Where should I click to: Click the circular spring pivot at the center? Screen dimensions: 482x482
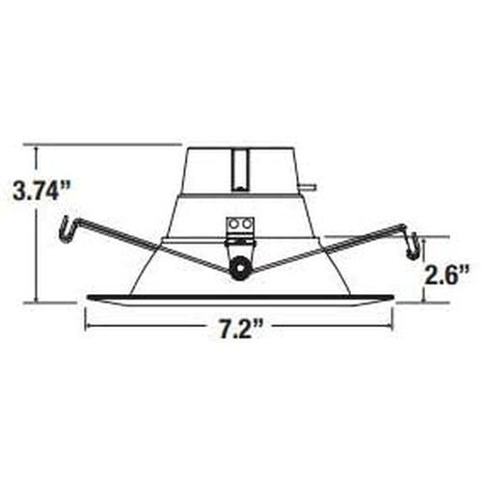(239, 268)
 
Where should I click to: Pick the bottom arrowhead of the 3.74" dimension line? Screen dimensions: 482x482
(37, 297)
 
